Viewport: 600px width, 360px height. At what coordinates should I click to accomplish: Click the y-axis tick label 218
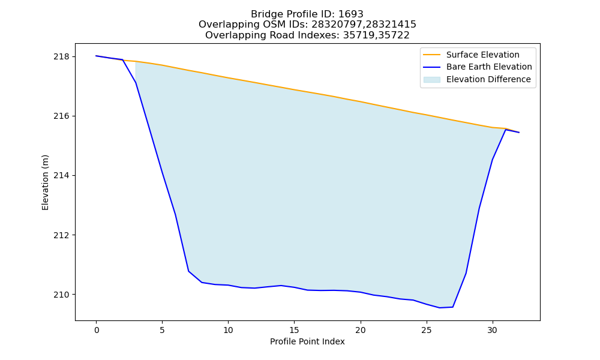pos(61,56)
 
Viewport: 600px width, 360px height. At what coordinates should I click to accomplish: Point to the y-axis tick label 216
pos(61,116)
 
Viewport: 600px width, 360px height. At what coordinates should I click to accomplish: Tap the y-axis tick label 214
pos(61,176)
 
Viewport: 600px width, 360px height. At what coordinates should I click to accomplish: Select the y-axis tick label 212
pos(61,235)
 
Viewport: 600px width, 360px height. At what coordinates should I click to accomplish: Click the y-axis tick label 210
pos(61,295)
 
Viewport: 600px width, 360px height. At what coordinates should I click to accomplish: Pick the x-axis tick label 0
pos(97,330)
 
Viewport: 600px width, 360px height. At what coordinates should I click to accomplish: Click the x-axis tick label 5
pos(162,330)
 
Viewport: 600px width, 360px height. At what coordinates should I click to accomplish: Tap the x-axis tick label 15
pos(294,330)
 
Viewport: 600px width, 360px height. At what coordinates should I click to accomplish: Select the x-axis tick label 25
pos(427,330)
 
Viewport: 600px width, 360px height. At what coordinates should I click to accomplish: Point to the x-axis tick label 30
pos(493,330)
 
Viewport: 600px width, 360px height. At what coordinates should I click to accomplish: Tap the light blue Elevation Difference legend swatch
pos(431,80)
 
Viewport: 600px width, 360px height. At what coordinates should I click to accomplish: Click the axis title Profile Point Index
pos(307,341)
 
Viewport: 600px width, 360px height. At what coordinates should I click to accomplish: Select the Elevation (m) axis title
pos(45,182)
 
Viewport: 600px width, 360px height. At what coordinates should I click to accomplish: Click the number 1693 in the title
pos(350,14)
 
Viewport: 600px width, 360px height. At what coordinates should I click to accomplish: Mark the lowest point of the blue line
pos(440,308)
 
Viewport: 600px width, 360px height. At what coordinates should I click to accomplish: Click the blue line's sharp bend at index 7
pos(188,271)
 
